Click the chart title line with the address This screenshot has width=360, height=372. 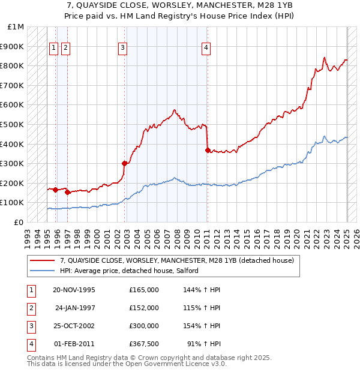[x=179, y=4]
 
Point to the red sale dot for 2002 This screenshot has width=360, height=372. [x=125, y=163]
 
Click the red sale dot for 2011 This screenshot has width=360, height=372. [x=208, y=151]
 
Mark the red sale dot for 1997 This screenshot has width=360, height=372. [x=68, y=193]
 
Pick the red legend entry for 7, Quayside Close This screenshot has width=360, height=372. [x=176, y=260]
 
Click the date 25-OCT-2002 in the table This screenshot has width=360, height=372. [x=74, y=326]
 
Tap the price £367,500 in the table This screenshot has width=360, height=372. [x=143, y=344]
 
